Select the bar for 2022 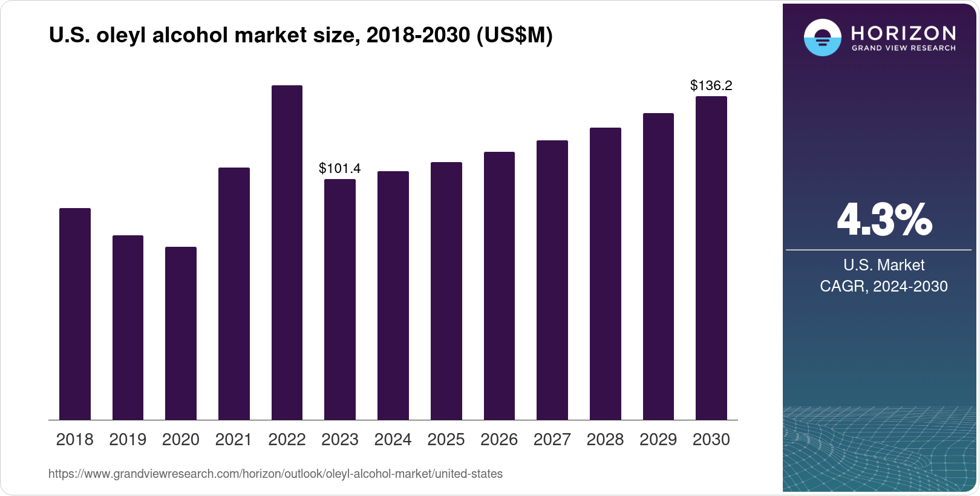point(287,253)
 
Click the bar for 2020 point(181,333)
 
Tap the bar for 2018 point(75,314)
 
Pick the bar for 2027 point(552,280)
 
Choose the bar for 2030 point(711,258)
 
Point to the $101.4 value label point(339,168)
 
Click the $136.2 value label point(711,86)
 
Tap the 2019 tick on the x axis point(128,440)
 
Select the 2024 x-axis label point(393,440)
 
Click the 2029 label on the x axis point(658,440)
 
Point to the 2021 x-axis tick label point(234,440)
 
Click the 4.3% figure point(884,220)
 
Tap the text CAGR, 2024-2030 point(883,286)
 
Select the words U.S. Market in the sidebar point(883,265)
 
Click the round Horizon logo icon point(822,38)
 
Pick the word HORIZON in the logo point(904,33)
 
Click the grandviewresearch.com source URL point(275,474)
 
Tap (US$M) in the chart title point(514,36)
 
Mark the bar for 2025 point(446,291)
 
